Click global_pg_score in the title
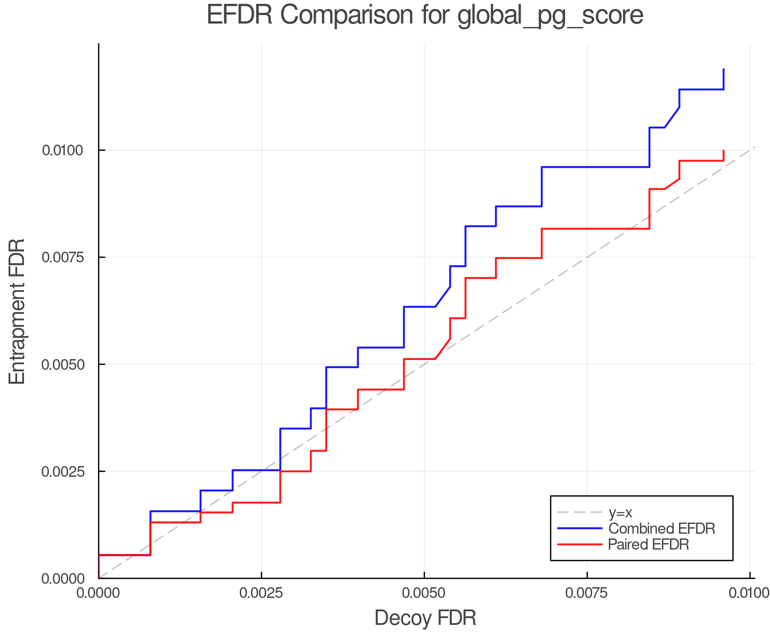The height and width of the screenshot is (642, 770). pos(550,16)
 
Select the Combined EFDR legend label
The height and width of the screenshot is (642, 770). pos(661,529)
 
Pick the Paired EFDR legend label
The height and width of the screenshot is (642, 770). pos(649,544)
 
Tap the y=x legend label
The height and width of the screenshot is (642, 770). pos(620,512)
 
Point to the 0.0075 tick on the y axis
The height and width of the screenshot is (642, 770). pos(63,257)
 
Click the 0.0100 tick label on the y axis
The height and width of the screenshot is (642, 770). pos(63,150)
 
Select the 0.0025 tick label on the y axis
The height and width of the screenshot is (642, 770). pos(63,472)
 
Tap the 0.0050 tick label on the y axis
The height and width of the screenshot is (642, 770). pos(63,365)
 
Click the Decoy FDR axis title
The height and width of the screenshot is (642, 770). pos(425,618)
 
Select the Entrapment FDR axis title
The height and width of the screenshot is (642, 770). pos(18,312)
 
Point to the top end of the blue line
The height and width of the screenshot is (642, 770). pos(723,69)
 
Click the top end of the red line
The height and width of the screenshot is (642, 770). pos(723,151)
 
